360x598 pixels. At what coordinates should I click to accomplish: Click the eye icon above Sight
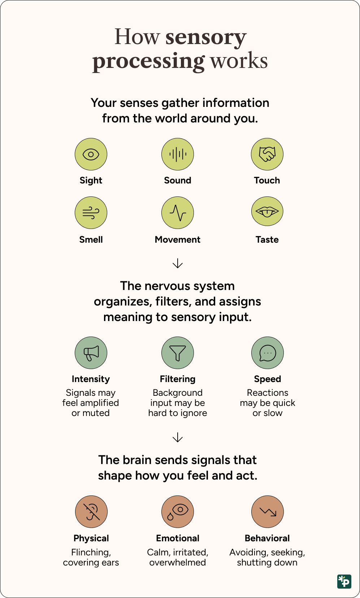click(91, 155)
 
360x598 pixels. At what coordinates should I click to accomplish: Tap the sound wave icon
click(178, 154)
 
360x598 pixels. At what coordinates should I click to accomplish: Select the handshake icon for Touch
click(267, 154)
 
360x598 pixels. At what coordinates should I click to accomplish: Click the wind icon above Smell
click(91, 213)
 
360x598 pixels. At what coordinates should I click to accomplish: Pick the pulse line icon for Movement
click(178, 213)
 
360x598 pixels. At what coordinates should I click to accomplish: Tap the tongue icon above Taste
click(267, 212)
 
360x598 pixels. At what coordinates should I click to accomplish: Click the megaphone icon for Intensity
click(91, 353)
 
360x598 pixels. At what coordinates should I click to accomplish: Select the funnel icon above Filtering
click(178, 353)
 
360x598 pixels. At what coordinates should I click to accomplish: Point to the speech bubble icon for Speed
click(268, 353)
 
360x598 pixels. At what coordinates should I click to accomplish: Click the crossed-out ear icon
click(91, 512)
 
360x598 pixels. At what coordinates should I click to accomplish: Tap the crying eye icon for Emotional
click(178, 512)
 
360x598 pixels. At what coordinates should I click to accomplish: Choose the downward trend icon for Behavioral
click(268, 512)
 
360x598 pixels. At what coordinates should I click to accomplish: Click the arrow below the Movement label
click(178, 263)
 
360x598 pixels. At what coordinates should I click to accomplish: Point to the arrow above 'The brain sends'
click(178, 437)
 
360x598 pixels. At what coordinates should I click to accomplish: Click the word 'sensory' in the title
click(206, 37)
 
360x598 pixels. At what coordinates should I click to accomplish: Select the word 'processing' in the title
click(148, 61)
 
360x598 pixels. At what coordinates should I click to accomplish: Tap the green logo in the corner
click(344, 581)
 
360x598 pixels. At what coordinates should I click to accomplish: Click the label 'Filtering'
click(178, 379)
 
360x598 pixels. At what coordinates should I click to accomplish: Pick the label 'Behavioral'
click(267, 538)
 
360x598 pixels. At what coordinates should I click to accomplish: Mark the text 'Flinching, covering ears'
click(91, 557)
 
